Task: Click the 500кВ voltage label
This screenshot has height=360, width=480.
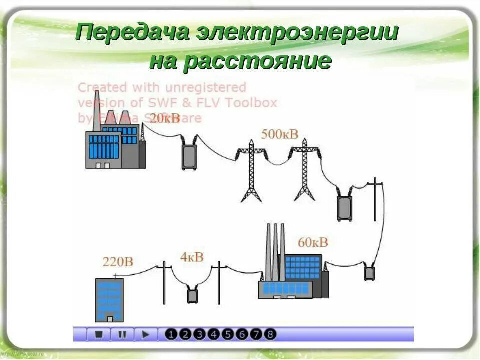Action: [x=280, y=134]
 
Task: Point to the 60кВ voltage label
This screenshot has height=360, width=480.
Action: [x=313, y=242]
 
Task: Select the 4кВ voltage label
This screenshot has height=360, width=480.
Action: [x=192, y=257]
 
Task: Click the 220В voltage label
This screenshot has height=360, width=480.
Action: [x=118, y=261]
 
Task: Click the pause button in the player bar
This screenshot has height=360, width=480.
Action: [x=122, y=334]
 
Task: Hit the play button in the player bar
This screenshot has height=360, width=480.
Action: [x=145, y=334]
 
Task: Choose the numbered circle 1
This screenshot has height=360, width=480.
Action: [x=171, y=334]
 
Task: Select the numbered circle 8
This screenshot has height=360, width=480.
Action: [x=270, y=334]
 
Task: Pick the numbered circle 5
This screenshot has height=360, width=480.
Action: [x=228, y=334]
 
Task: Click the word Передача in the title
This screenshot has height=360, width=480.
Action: [x=132, y=33]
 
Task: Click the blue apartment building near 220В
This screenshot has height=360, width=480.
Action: [x=109, y=299]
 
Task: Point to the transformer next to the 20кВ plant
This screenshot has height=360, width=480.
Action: [x=189, y=155]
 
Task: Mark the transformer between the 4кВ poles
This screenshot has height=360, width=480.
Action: [x=193, y=295]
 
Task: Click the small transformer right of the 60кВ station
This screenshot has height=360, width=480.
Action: [x=369, y=272]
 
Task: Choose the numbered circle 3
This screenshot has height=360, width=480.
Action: [x=200, y=334]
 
